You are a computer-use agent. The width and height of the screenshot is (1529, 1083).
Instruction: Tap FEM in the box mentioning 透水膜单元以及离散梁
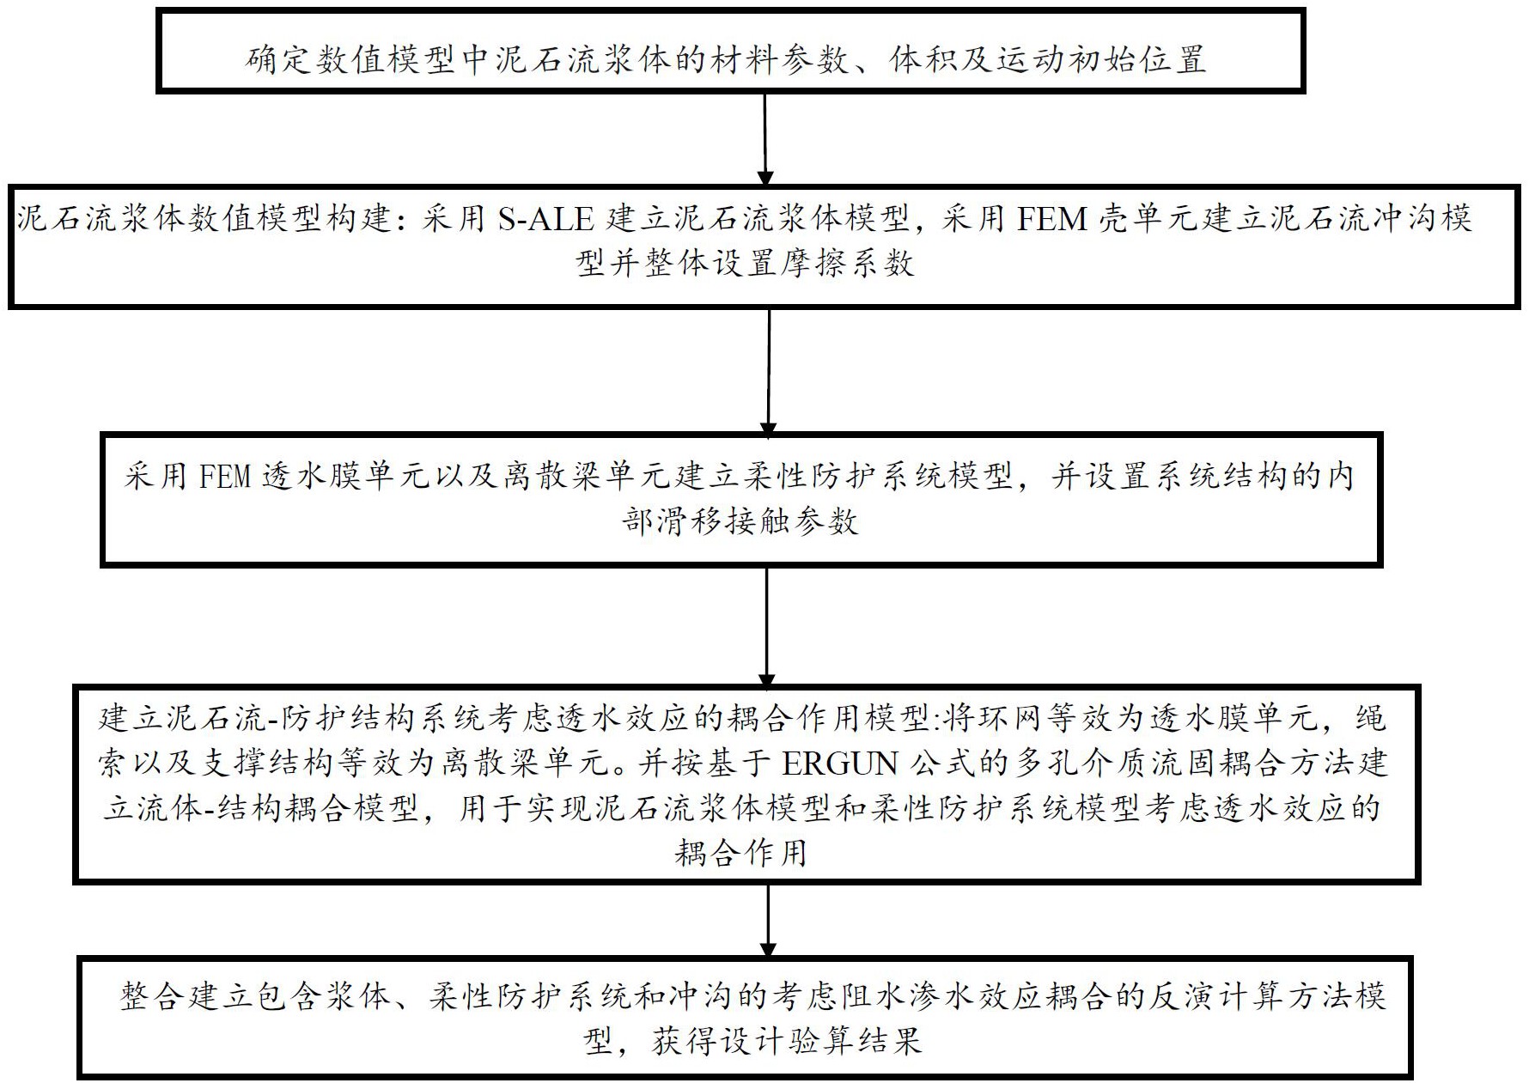pos(226,476)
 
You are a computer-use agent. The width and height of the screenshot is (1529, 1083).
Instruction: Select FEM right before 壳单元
pos(1051,219)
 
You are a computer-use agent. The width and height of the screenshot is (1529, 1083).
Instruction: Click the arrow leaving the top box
pos(764,137)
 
